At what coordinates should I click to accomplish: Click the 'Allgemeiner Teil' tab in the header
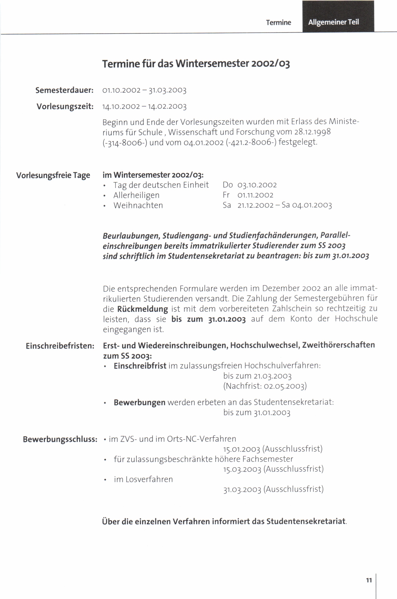[x=334, y=22]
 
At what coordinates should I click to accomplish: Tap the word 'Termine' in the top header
[x=279, y=23]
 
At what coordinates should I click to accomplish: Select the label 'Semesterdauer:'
[x=65, y=90]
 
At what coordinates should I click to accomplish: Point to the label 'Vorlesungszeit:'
[x=65, y=106]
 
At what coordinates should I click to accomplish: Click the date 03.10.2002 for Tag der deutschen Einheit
[x=257, y=185]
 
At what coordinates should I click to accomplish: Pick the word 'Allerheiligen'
[x=136, y=195]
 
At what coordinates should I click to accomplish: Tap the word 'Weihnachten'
[x=138, y=206]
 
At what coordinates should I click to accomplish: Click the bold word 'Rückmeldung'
[x=142, y=309]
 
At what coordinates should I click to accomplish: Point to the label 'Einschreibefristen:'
[x=60, y=346]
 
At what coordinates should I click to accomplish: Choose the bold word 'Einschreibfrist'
[x=140, y=366]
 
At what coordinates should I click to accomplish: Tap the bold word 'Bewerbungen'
[x=140, y=402]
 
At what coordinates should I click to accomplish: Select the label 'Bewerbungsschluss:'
[x=60, y=439]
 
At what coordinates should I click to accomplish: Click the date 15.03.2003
[x=242, y=469]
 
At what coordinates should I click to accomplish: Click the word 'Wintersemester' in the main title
[x=212, y=63]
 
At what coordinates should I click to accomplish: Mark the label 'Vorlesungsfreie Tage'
[x=53, y=175]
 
